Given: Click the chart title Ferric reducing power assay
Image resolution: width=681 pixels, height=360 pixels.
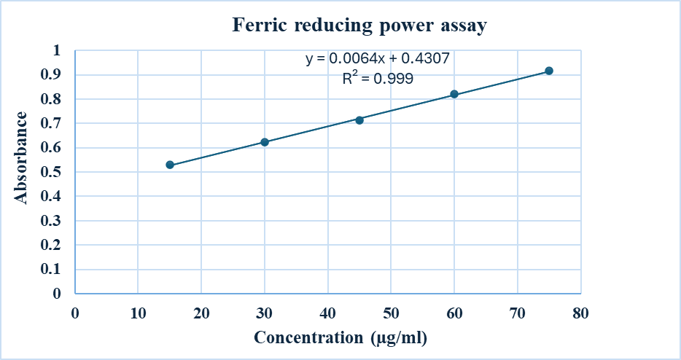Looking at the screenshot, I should pyautogui.click(x=359, y=26).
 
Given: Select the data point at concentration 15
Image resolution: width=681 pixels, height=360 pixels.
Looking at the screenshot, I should pyautogui.click(x=170, y=165).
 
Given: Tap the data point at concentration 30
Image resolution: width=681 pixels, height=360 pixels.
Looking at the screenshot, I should pyautogui.click(x=265, y=142).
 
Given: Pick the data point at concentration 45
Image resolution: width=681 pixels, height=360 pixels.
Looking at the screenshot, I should pyautogui.click(x=359, y=120).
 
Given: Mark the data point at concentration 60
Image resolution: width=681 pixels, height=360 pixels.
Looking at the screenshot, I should pyautogui.click(x=454, y=94).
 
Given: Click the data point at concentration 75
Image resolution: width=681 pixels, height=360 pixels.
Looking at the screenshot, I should pyautogui.click(x=549, y=71).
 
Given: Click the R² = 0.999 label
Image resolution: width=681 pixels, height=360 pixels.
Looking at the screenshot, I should pyautogui.click(x=378, y=79).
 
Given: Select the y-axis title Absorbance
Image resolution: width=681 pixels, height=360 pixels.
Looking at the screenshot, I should pyautogui.click(x=23, y=157).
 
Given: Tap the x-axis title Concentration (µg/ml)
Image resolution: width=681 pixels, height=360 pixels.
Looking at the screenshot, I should pyautogui.click(x=340, y=338).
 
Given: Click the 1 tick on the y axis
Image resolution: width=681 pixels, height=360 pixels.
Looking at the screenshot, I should pyautogui.click(x=57, y=50).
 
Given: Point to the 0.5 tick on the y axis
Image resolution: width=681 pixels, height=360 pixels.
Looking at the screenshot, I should pyautogui.click(x=52, y=172).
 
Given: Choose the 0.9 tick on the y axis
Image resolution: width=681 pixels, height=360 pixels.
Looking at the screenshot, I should pyautogui.click(x=52, y=74).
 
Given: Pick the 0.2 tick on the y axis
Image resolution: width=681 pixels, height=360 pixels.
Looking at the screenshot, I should pyautogui.click(x=52, y=245).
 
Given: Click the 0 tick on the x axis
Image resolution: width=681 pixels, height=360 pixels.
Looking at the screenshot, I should pyautogui.click(x=75, y=313).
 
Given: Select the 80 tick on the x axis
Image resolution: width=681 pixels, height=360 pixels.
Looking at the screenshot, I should pyautogui.click(x=580, y=313).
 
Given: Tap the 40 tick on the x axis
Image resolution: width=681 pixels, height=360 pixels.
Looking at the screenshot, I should pyautogui.click(x=328, y=313).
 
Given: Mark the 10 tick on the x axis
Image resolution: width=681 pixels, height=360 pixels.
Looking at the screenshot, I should pyautogui.click(x=139, y=313).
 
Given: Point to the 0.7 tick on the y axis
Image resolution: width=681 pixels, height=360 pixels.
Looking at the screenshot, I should pyautogui.click(x=52, y=123).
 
